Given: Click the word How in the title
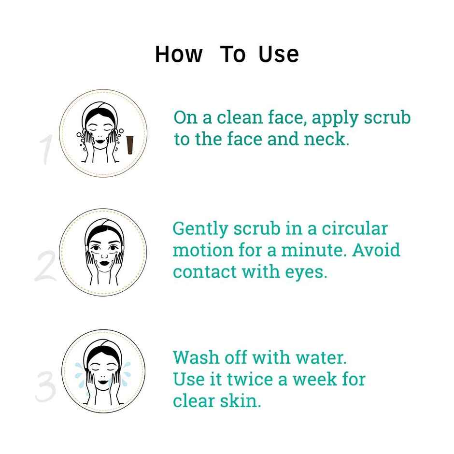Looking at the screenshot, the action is (x=179, y=54).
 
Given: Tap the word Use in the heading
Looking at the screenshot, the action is (x=279, y=54).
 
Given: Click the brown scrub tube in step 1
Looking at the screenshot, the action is (x=130, y=145).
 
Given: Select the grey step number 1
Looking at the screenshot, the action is (x=46, y=150).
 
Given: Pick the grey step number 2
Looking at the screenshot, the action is (x=45, y=266).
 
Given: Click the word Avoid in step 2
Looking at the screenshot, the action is (x=376, y=250).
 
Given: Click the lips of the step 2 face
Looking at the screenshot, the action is (x=104, y=264).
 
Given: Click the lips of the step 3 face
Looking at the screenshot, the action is (x=103, y=382).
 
